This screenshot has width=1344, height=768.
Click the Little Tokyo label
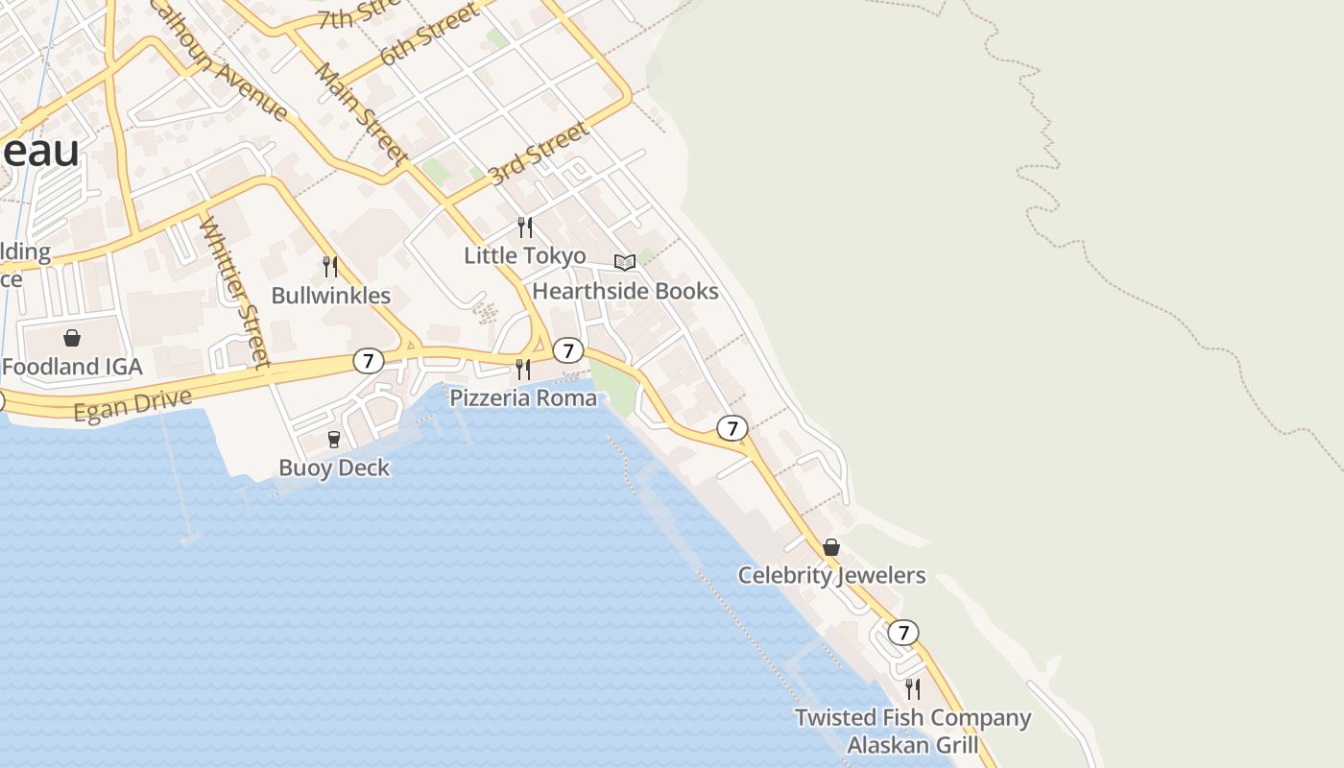524,255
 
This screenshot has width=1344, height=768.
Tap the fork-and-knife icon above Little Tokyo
524,228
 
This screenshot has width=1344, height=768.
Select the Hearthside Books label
625,291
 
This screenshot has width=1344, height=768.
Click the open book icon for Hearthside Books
625,262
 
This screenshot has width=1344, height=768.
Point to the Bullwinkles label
330,295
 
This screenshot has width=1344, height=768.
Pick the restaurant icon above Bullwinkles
330,267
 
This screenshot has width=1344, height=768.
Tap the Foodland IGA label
72,367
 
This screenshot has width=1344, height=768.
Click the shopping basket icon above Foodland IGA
72,338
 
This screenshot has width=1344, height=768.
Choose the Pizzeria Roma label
523,397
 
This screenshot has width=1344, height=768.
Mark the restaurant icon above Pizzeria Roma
523,369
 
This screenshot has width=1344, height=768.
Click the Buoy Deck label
334,468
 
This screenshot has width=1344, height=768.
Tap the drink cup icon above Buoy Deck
334,440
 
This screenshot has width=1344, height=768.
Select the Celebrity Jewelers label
831,575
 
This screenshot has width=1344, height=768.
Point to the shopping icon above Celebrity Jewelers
831,547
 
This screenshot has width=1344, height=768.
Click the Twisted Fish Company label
913,717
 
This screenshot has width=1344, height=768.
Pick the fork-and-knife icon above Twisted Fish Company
913,688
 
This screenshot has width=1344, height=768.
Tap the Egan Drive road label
132,404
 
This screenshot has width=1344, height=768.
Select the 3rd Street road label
538,154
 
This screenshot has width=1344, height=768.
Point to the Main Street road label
362,112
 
